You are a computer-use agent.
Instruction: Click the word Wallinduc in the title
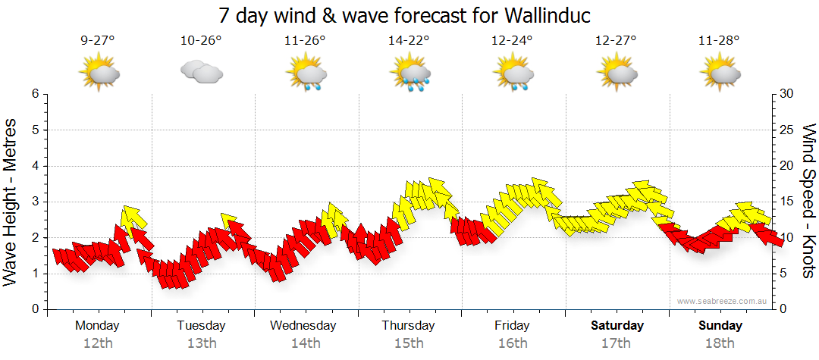538,15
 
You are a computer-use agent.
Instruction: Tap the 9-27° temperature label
98,41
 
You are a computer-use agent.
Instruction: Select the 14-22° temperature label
409,41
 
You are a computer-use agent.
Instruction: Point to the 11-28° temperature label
720,41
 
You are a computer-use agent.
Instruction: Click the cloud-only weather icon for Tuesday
201,73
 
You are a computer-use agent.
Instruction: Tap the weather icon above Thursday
410,74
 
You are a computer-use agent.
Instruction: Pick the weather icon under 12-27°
617,73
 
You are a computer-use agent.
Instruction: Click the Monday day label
98,326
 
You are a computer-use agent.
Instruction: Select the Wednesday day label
303,326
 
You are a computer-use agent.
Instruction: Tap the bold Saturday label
617,326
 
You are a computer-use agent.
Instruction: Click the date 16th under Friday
513,343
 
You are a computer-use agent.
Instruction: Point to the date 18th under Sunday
720,343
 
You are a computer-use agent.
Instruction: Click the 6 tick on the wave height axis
35,94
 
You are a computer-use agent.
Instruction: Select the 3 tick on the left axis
35,202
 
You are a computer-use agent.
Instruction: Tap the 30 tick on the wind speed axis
787,94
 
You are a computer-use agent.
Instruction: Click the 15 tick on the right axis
786,202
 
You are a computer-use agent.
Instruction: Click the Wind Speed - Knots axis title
808,202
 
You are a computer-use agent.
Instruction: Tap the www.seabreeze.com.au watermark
723,301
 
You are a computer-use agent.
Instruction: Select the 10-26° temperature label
201,41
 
